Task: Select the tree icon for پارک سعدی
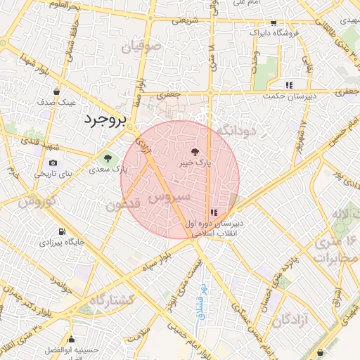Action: click(108, 157)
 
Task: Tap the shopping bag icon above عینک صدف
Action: click(56, 91)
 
